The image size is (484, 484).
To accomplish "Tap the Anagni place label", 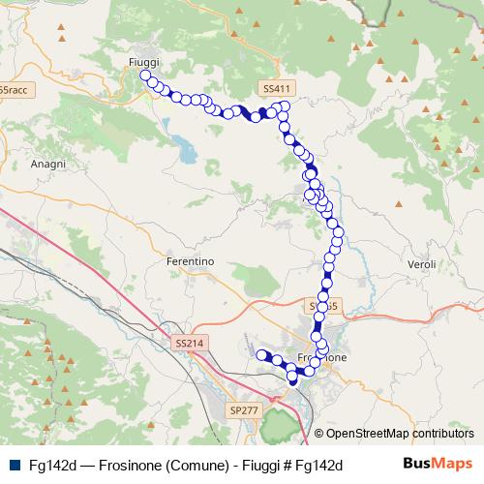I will click(47, 165).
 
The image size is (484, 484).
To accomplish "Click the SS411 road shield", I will click(277, 88).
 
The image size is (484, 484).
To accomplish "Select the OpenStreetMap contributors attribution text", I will click(400, 434).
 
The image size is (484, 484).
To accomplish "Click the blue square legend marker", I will click(15, 466).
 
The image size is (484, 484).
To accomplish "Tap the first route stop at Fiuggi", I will click(145, 76).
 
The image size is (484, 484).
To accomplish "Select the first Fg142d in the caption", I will click(53, 466).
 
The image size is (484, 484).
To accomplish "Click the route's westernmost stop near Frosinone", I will click(260, 355).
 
